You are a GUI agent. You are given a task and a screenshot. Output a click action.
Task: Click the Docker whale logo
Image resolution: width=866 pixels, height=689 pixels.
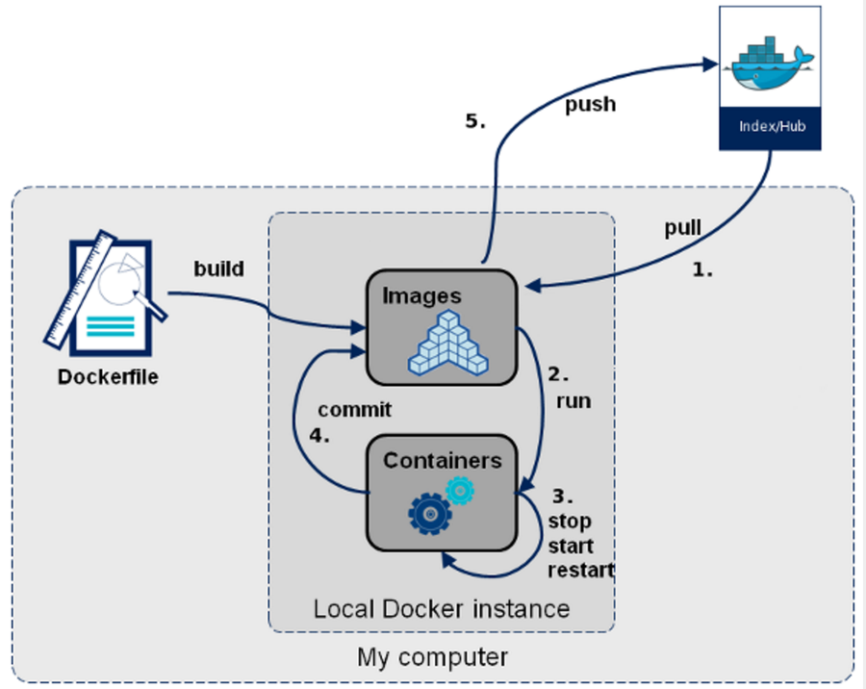[772, 64]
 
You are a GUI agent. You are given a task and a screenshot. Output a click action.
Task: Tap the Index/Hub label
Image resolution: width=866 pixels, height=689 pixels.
[772, 126]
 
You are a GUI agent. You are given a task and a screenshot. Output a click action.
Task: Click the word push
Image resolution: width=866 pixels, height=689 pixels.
[591, 105]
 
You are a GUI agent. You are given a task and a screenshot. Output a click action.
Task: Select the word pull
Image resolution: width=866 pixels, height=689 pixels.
[682, 228]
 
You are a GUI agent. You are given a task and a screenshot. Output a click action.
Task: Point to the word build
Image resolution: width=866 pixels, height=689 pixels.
[218, 268]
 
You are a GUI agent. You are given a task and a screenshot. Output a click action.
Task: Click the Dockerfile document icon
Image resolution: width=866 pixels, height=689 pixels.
[106, 293]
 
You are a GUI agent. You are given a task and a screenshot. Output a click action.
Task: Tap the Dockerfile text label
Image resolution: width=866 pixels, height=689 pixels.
[108, 377]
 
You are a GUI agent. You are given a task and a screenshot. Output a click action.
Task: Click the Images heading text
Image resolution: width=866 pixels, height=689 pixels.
[422, 296]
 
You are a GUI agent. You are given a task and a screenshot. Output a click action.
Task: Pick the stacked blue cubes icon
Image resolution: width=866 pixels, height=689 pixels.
[447, 344]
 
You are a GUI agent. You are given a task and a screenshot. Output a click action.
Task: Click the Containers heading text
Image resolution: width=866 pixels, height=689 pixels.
[443, 460]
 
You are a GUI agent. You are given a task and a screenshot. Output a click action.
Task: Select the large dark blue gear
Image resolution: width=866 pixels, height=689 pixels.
[430, 515]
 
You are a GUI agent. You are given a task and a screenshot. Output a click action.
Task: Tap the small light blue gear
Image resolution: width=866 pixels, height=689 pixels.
[460, 491]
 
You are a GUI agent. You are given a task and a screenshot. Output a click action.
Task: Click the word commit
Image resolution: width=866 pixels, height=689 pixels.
[354, 410]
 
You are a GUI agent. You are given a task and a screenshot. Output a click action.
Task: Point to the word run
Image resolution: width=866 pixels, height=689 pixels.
[573, 401]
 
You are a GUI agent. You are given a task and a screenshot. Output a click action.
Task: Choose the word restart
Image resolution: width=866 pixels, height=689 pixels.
[581, 570]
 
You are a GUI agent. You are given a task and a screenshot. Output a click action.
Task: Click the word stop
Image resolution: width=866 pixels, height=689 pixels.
[570, 521]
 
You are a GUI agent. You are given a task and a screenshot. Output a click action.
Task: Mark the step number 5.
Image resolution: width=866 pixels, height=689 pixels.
[475, 121]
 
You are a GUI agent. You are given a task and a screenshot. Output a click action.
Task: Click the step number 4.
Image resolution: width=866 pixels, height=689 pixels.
[319, 435]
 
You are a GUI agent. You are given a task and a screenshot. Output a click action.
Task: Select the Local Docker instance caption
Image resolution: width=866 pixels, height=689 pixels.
[442, 609]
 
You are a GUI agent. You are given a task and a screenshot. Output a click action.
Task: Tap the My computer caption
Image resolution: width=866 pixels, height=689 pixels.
[432, 657]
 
